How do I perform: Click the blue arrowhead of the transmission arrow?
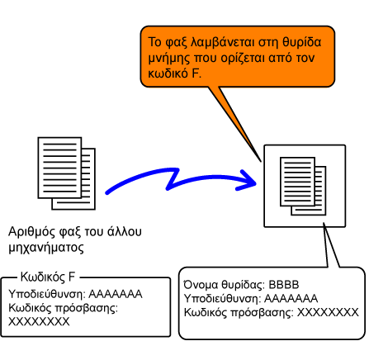point(247,181)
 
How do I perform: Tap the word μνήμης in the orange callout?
point(169,59)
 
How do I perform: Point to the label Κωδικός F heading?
point(48,277)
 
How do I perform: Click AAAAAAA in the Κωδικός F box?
point(116,294)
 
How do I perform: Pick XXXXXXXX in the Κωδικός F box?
point(39,321)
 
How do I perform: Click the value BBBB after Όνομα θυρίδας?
point(284,285)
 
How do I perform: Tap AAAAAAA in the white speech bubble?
point(291,298)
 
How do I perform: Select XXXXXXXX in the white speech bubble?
point(329,312)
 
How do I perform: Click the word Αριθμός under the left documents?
point(31,232)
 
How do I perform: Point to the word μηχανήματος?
point(46,248)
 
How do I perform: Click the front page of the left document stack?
point(59,168)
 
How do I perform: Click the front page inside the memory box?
point(297,182)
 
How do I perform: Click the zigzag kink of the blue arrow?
point(173,179)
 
